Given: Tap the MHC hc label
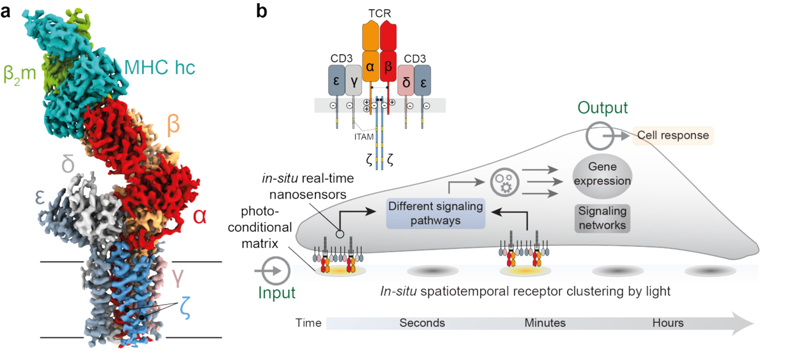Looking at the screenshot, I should click(x=159, y=68).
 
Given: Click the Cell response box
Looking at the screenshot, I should click(x=672, y=135).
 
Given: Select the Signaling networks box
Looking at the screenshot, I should click(x=602, y=217).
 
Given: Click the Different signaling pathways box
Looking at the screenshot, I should click(x=435, y=213).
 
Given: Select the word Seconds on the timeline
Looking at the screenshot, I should click(x=422, y=323).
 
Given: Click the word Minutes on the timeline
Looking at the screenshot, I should click(x=545, y=323).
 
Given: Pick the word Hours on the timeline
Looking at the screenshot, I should click(x=668, y=323).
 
